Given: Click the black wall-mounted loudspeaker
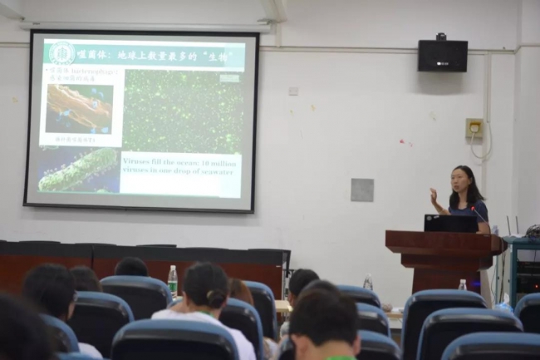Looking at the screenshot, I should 442,55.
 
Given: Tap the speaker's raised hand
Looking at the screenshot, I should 434,196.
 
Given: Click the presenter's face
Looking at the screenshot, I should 462,180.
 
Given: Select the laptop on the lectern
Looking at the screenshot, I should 450,223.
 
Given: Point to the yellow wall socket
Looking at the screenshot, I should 474,128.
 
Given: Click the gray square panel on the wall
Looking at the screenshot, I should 361,190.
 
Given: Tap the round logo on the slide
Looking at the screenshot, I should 61,53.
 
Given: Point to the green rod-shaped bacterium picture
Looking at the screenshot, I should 78,170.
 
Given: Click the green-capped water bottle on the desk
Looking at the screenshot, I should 173,280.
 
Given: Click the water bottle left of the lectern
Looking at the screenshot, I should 367,283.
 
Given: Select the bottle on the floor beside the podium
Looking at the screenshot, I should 462,285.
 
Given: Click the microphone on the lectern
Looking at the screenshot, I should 479,215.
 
